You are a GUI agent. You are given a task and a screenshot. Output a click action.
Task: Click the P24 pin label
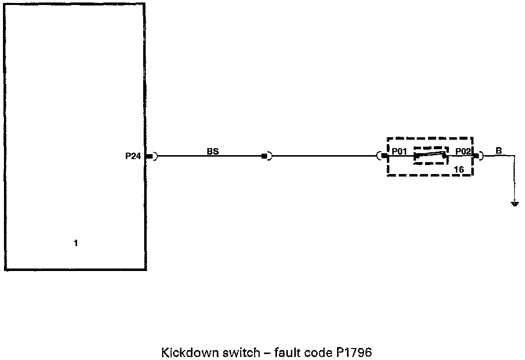tap(133, 156)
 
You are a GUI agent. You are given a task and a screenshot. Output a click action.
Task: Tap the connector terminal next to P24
tap(150, 156)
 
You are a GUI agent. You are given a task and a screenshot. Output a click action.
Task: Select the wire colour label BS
tap(213, 151)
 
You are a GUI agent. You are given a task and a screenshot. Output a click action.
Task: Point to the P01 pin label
tap(400, 151)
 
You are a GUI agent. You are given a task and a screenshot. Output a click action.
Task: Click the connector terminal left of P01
tap(383, 156)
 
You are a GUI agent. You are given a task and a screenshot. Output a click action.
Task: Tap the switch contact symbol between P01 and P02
tap(431, 156)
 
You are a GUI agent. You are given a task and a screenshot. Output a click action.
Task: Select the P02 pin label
tap(463, 151)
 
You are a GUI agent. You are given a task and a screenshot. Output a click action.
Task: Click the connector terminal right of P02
tap(477, 156)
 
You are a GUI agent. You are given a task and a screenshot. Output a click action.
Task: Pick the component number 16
tap(459, 170)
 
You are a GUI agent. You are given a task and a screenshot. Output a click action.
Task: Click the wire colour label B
tap(499, 151)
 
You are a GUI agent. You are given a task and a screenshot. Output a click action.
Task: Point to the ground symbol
tap(515, 203)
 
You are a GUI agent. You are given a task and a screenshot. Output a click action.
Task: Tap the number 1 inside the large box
tap(76, 244)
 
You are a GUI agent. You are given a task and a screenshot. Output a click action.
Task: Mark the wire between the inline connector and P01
tap(323, 156)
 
